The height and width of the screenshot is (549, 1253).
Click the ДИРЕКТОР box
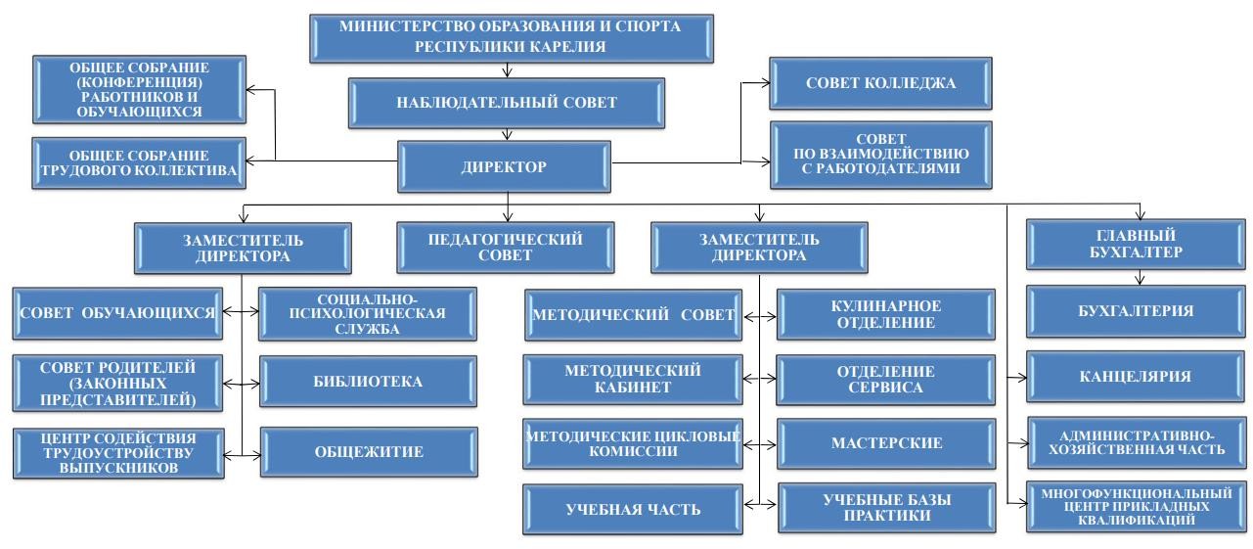pyautogui.click(x=504, y=166)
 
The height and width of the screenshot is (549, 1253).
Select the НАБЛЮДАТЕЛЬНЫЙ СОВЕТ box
pyautogui.click(x=507, y=103)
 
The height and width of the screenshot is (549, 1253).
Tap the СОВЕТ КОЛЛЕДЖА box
pyautogui.click(x=880, y=83)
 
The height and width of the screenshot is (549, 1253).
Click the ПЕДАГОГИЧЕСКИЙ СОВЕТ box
pyautogui.click(x=505, y=248)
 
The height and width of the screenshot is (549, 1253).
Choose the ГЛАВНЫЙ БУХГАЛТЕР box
pyautogui.click(x=1136, y=244)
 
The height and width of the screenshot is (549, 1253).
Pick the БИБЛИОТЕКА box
pyautogui.click(x=368, y=381)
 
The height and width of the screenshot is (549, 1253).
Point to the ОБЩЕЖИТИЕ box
pyautogui.click(x=369, y=451)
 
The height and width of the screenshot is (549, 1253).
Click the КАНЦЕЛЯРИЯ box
pyautogui.click(x=1136, y=376)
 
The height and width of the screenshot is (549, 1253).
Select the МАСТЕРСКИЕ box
pyautogui.click(x=886, y=443)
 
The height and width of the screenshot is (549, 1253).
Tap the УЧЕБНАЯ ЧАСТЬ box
pyautogui.click(x=633, y=509)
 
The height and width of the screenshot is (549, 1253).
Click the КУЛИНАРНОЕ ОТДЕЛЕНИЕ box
pyautogui.click(x=886, y=314)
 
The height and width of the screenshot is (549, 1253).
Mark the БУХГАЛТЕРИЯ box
pyautogui.click(x=1136, y=311)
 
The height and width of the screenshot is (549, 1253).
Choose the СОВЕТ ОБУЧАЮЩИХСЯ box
pyautogui.click(x=117, y=313)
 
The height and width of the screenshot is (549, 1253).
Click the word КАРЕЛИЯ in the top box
pyautogui.click(x=566, y=46)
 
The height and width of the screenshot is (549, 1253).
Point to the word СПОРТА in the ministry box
pyautogui.click(x=648, y=26)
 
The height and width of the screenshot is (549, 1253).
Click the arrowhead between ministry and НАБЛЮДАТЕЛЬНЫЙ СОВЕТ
pyautogui.click(x=507, y=72)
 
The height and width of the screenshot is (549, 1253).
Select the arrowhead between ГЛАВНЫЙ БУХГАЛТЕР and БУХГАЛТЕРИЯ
pyautogui.click(x=1140, y=280)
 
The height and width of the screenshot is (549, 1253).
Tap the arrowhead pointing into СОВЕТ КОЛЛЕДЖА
pyautogui.click(x=765, y=83)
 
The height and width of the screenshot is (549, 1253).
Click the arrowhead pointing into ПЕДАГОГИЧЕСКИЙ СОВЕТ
pyautogui.click(x=508, y=216)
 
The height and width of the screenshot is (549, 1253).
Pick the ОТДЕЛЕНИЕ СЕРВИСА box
pyautogui.click(x=886, y=380)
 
